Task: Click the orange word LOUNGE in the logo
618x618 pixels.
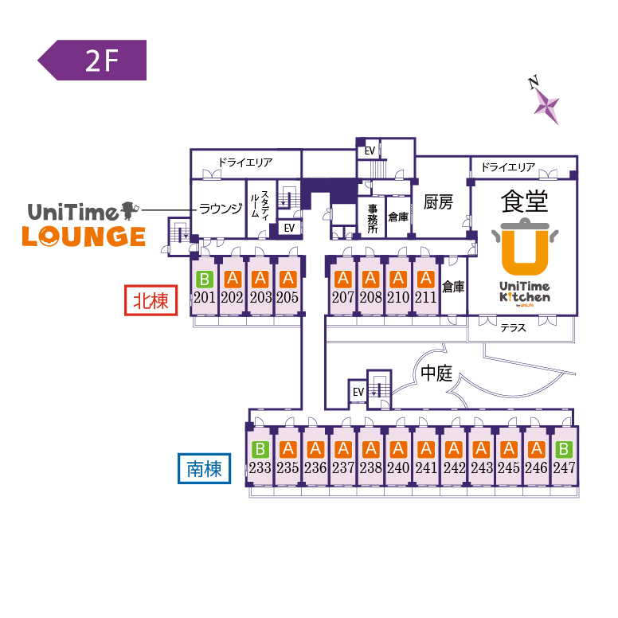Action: point(83,237)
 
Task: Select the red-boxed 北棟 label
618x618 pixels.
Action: point(151,301)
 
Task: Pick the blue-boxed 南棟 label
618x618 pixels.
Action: point(203,469)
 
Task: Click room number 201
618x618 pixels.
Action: point(205,298)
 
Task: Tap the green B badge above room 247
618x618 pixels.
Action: point(564,449)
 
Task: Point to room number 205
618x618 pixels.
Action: point(287,298)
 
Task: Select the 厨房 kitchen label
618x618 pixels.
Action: point(438,203)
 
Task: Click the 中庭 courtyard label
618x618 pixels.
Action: point(436,374)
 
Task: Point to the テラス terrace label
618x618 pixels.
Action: point(513,327)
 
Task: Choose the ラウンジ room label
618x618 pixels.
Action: point(220,209)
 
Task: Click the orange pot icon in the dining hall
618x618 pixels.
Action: point(523,246)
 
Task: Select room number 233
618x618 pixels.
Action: point(260,467)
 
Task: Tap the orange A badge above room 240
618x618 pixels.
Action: point(397,449)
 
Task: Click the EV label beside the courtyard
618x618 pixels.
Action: point(358,392)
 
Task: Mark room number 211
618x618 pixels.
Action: point(425,298)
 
